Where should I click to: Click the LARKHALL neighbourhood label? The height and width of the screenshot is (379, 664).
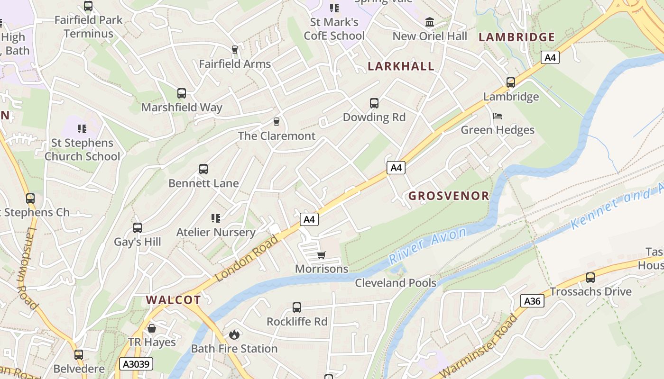[401, 66]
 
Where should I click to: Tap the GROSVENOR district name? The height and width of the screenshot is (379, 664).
[448, 196]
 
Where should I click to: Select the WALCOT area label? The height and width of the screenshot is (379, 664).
[173, 300]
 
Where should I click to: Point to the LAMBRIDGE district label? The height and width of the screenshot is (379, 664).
[516, 37]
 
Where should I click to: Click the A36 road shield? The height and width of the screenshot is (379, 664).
[532, 301]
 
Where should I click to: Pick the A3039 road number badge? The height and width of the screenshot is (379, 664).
[136, 364]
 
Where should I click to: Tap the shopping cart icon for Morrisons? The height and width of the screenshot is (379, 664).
[322, 255]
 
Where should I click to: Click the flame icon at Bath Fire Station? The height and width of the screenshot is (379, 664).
[234, 335]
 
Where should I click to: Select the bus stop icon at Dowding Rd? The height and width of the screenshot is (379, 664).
[374, 103]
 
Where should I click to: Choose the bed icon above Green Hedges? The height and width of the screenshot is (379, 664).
[498, 116]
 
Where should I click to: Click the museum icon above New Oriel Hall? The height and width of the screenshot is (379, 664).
[430, 22]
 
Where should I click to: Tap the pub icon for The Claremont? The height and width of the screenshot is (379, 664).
[277, 122]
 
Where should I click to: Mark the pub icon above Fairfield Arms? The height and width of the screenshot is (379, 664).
[234, 50]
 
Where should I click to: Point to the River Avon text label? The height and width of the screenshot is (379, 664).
[427, 245]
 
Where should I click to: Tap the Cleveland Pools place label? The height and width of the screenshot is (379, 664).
[396, 283]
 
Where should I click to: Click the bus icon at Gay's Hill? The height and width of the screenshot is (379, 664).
[138, 228]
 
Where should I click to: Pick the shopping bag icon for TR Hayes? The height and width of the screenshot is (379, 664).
[152, 328]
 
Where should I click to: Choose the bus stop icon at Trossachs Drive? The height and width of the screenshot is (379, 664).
[590, 278]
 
